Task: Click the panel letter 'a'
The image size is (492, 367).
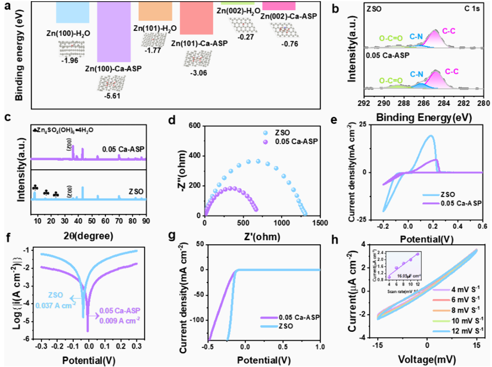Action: coord(7,7)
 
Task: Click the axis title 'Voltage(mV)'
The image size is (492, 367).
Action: coord(426,359)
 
